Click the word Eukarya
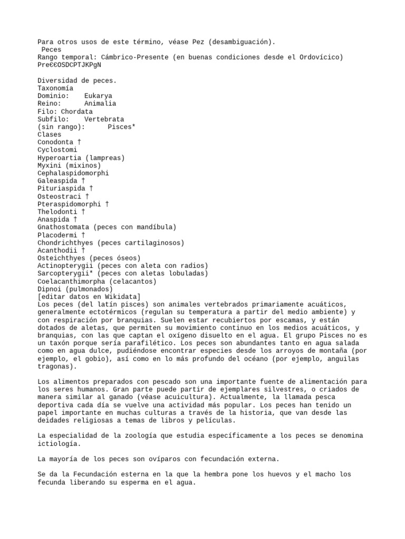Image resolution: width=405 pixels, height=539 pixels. click(x=98, y=96)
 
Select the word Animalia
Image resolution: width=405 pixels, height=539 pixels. click(x=100, y=104)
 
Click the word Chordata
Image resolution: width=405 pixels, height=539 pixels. click(x=77, y=112)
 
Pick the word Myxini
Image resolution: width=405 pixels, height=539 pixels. click(x=49, y=165)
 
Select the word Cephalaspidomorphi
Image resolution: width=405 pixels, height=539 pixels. click(x=73, y=173)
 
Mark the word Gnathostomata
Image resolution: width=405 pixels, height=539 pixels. click(x=63, y=227)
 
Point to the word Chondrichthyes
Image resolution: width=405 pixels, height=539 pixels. click(x=65, y=243)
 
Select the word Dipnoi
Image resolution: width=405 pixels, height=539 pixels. click(x=49, y=289)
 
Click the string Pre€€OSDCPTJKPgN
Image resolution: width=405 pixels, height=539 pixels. click(x=69, y=65)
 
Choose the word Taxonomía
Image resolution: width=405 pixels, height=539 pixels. click(x=55, y=88)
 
